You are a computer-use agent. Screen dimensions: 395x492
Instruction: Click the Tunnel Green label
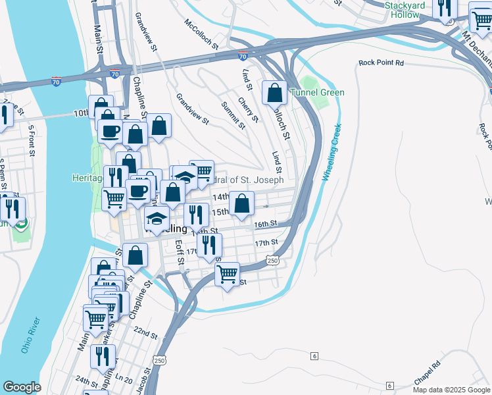(318, 92)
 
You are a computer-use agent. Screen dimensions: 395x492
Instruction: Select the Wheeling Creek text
(333, 153)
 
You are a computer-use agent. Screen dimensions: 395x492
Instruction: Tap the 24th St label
(86, 381)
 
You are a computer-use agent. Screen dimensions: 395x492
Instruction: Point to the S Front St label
(30, 141)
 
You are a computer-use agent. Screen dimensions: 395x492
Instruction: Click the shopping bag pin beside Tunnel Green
(274, 93)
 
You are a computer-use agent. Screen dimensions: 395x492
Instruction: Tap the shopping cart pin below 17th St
(228, 273)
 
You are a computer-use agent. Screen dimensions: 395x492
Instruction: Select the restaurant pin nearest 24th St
(103, 356)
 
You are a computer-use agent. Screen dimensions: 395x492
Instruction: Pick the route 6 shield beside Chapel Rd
(390, 385)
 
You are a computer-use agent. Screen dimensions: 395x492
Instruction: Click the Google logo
(22, 387)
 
